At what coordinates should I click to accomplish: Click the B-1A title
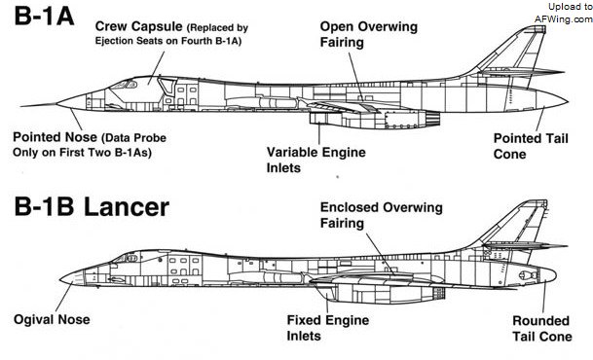click(x=44, y=17)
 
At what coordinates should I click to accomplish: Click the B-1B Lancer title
click(x=92, y=206)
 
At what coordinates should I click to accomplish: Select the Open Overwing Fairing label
click(x=369, y=34)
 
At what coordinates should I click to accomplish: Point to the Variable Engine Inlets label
click(x=316, y=160)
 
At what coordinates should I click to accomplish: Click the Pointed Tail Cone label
click(x=531, y=146)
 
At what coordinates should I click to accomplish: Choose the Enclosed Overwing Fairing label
click(x=382, y=215)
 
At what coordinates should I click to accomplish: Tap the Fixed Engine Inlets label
click(x=328, y=328)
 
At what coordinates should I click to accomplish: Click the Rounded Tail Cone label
click(x=542, y=328)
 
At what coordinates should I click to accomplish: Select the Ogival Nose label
click(x=52, y=320)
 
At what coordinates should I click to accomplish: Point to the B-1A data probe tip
click(x=21, y=106)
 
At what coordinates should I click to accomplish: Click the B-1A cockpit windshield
click(x=124, y=85)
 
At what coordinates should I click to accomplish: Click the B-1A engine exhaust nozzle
click(x=432, y=119)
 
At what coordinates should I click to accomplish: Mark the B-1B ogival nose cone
click(x=73, y=279)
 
